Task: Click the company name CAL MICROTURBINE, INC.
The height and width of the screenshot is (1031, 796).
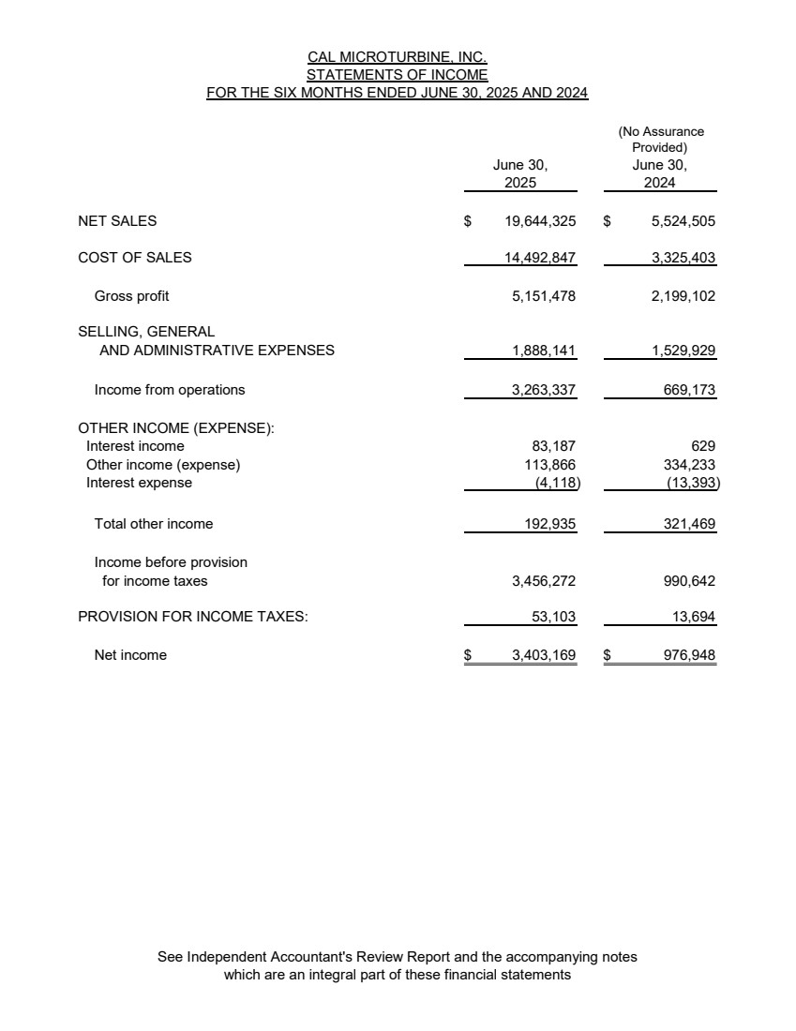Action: [398, 57]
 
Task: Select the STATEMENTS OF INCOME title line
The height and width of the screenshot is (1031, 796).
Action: [398, 75]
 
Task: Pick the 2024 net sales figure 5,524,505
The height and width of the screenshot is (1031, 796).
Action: [683, 221]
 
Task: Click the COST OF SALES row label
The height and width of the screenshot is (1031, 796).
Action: [135, 258]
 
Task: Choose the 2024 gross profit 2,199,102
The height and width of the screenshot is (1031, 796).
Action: [683, 296]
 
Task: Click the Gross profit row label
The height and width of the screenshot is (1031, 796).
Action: [132, 296]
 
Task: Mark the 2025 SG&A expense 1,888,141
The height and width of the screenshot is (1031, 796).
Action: [544, 351]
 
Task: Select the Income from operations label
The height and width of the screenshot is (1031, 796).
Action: [170, 390]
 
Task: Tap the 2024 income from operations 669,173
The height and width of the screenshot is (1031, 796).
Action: [689, 390]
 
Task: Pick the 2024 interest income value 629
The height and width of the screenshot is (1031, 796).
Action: [703, 446]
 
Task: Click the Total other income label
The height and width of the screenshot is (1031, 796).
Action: [154, 524]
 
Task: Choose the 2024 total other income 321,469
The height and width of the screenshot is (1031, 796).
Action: [689, 524]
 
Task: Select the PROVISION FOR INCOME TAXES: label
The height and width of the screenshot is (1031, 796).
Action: [193, 617]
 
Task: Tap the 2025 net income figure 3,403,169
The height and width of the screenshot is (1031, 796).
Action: [544, 655]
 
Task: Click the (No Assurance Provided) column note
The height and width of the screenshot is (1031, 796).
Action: [660, 140]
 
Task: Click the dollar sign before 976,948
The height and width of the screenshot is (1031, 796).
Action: [607, 655]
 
